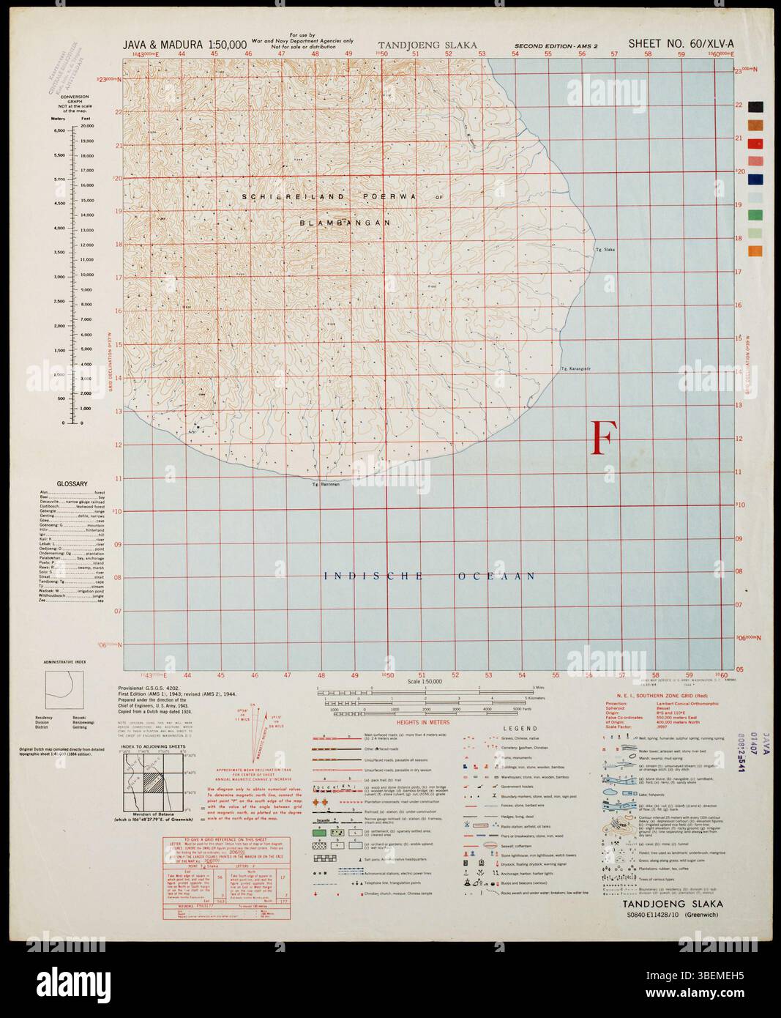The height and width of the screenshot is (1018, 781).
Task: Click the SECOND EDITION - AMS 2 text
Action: (556, 46)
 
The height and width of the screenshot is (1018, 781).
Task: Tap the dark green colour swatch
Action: (755, 215)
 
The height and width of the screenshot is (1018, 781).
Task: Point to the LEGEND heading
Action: (520, 729)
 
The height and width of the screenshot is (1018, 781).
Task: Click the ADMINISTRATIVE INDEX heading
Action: (65, 662)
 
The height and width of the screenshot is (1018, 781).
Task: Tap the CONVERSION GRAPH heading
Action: (70, 100)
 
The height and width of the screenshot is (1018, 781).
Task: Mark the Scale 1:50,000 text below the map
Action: (422, 682)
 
